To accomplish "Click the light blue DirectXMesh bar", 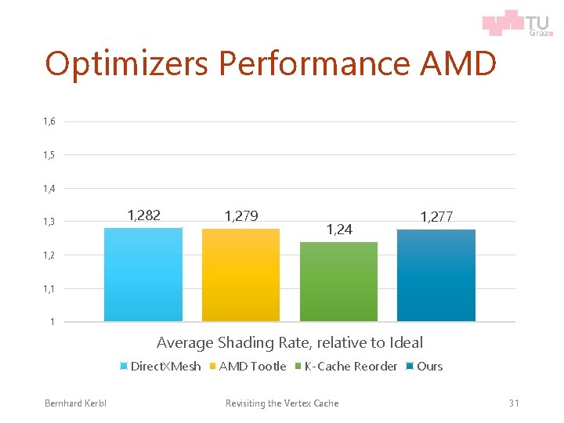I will point(143,274).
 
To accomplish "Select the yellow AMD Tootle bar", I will point(240,275).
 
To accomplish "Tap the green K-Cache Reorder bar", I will point(338,282).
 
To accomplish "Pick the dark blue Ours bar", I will point(436,275).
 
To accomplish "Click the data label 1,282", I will point(143,215).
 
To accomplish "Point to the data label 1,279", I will point(241,215).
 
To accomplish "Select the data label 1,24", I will point(339,230).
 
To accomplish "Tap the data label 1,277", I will point(436,215).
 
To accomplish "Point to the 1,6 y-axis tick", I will point(49,121).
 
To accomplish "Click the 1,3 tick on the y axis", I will point(49,222).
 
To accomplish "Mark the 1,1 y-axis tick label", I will point(49,289).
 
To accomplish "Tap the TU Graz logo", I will point(516,23).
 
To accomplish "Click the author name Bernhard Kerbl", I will point(75,403).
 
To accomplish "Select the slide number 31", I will point(514,403).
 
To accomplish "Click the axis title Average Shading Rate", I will point(289,342).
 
